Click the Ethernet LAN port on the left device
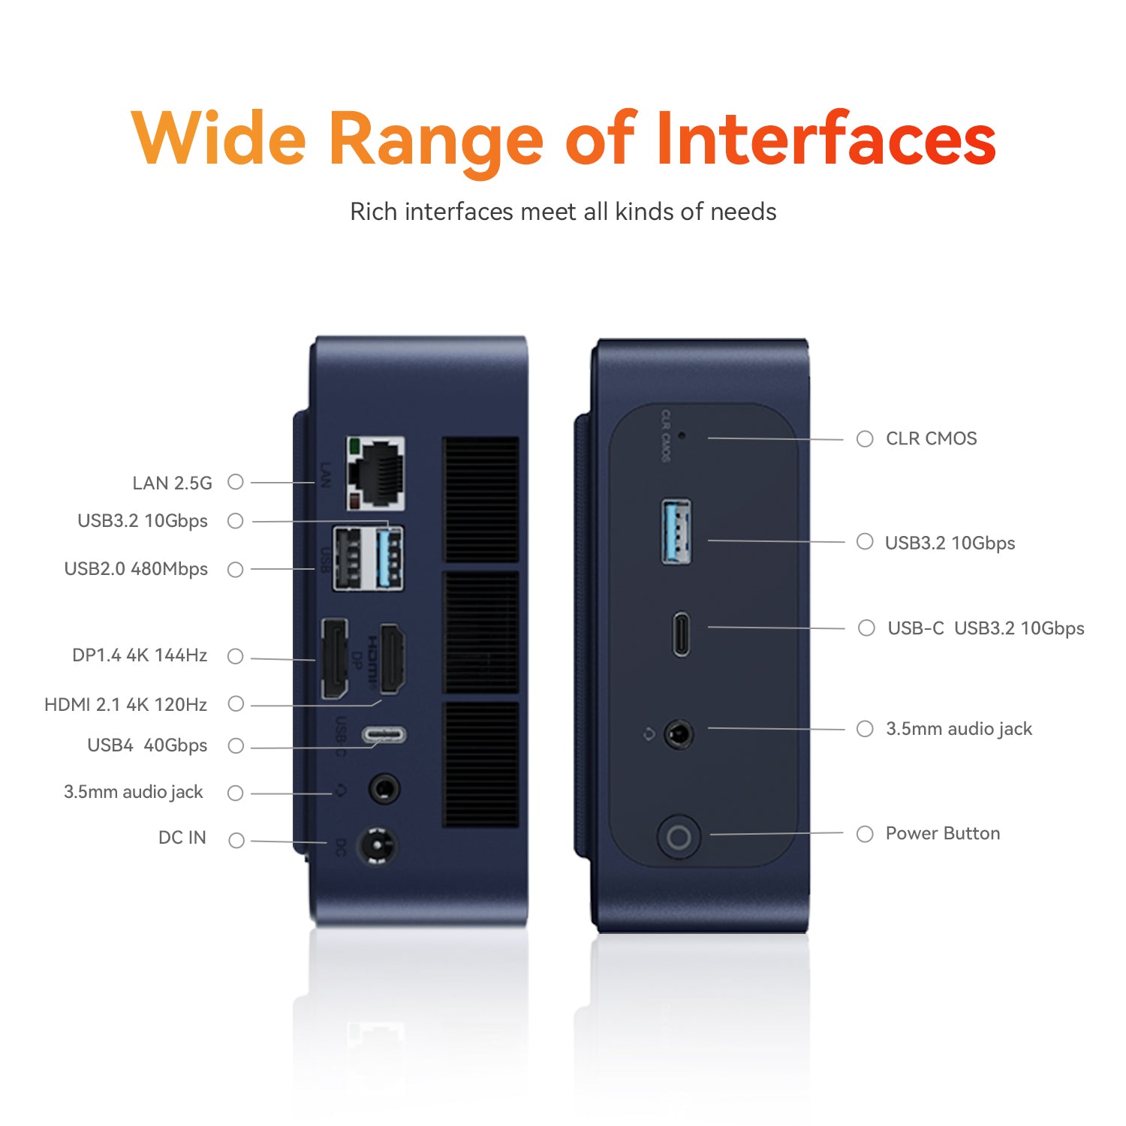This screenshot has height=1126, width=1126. pos(376,474)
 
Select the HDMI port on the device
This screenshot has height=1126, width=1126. pos(392,658)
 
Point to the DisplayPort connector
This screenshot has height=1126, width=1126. pos(335,658)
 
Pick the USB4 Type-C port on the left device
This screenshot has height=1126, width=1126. pos(384,734)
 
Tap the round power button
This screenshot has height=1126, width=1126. pos(679,836)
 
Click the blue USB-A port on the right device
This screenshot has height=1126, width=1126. pos(676,531)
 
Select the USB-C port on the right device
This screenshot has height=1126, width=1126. pos(681,634)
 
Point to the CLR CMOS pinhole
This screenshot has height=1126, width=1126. pos(682,435)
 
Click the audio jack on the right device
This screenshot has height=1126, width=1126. pos(679,734)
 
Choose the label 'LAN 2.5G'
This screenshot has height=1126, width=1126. pos(173,483)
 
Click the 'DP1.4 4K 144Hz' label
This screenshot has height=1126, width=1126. pos(140,655)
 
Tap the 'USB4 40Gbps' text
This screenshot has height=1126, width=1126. pos(147,745)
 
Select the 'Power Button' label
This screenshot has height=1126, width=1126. pos(943,833)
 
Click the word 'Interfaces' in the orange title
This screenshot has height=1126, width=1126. pos(826,138)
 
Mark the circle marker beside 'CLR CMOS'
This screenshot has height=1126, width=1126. pos(865,438)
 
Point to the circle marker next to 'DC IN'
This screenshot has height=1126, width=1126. pos(236,840)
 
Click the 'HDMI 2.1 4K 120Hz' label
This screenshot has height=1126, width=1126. pos(126,705)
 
